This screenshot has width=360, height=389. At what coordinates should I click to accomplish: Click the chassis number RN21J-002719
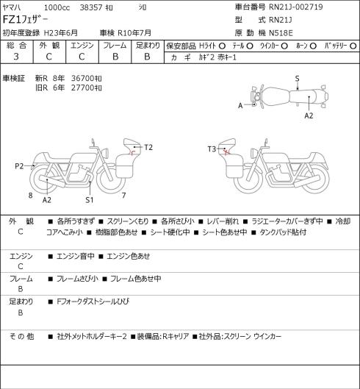point(296,7)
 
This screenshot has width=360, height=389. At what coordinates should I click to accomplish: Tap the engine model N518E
point(281,33)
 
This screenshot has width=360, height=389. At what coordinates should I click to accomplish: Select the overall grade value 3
point(16,57)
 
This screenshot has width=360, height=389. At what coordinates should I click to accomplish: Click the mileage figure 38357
point(91,7)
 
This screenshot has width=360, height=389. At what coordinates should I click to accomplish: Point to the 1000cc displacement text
point(57,7)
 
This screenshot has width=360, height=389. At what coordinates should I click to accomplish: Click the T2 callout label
point(148,147)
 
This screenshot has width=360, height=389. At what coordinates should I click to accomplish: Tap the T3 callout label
point(212,149)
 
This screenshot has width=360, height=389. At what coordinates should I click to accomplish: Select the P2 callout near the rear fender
point(19,165)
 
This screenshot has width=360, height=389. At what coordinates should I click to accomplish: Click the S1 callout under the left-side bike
point(90,200)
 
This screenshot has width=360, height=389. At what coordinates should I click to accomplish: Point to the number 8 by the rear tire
point(30,196)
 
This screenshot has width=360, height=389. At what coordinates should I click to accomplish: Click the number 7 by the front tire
point(123,196)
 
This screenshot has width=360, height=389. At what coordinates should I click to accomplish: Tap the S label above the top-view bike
point(297,79)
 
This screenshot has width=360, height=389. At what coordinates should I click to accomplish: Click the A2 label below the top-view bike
point(309,115)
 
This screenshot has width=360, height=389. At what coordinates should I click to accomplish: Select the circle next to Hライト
point(223,46)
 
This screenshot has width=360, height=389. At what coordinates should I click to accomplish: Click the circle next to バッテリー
point(353,46)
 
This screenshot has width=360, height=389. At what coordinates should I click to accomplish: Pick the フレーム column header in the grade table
point(115,46)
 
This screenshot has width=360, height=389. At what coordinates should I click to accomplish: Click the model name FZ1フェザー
point(25,20)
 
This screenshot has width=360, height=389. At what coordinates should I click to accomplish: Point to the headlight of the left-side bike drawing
point(104,152)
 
